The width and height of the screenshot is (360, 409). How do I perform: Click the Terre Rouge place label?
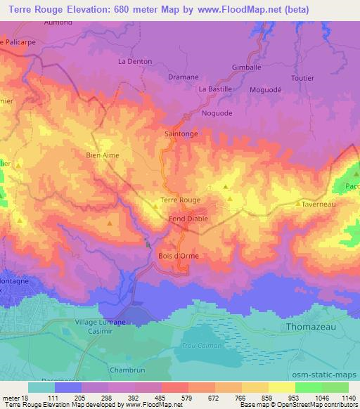(x=181, y=200)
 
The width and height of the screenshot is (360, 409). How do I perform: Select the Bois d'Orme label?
(x=179, y=255)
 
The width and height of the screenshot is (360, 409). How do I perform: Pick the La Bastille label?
(x=215, y=89)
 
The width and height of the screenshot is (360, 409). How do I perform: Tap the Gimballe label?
(x=246, y=68)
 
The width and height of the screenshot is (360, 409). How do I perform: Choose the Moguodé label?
(x=265, y=90)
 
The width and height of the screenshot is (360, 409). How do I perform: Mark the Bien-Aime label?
(x=102, y=155)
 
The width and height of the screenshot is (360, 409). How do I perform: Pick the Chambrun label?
(x=126, y=369)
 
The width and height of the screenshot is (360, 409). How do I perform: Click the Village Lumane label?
(x=92, y=321)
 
